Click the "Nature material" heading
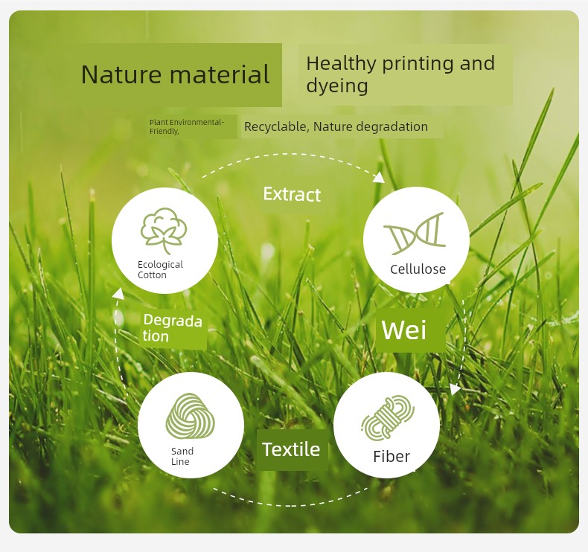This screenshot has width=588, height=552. pos(175,74)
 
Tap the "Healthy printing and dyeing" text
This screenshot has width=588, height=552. pos(400,74)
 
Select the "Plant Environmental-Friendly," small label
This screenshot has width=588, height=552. pos(186,126)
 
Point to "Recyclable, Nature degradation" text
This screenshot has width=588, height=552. pos(336,126)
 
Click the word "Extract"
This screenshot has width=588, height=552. pos(292,194)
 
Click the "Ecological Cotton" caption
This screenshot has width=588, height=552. pos(160,269)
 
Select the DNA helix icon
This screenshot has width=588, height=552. pos(415,233)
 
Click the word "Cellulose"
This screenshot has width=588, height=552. pos(418,269)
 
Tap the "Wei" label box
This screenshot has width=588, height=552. pos(411,330)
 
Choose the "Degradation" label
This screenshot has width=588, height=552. pos(173,328)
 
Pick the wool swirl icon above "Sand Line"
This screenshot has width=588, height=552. pos(190,417)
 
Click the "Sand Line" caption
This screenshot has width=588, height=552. pos(182,456)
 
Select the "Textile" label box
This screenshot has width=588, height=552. pos(292,449)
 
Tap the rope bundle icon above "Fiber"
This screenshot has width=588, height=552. pos(387,418)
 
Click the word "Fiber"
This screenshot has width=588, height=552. pos(392,457)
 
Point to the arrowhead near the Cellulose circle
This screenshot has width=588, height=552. pos(380,177)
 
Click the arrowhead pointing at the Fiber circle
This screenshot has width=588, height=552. pos(455,389)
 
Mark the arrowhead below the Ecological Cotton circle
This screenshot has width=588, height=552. pos(119,293)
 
